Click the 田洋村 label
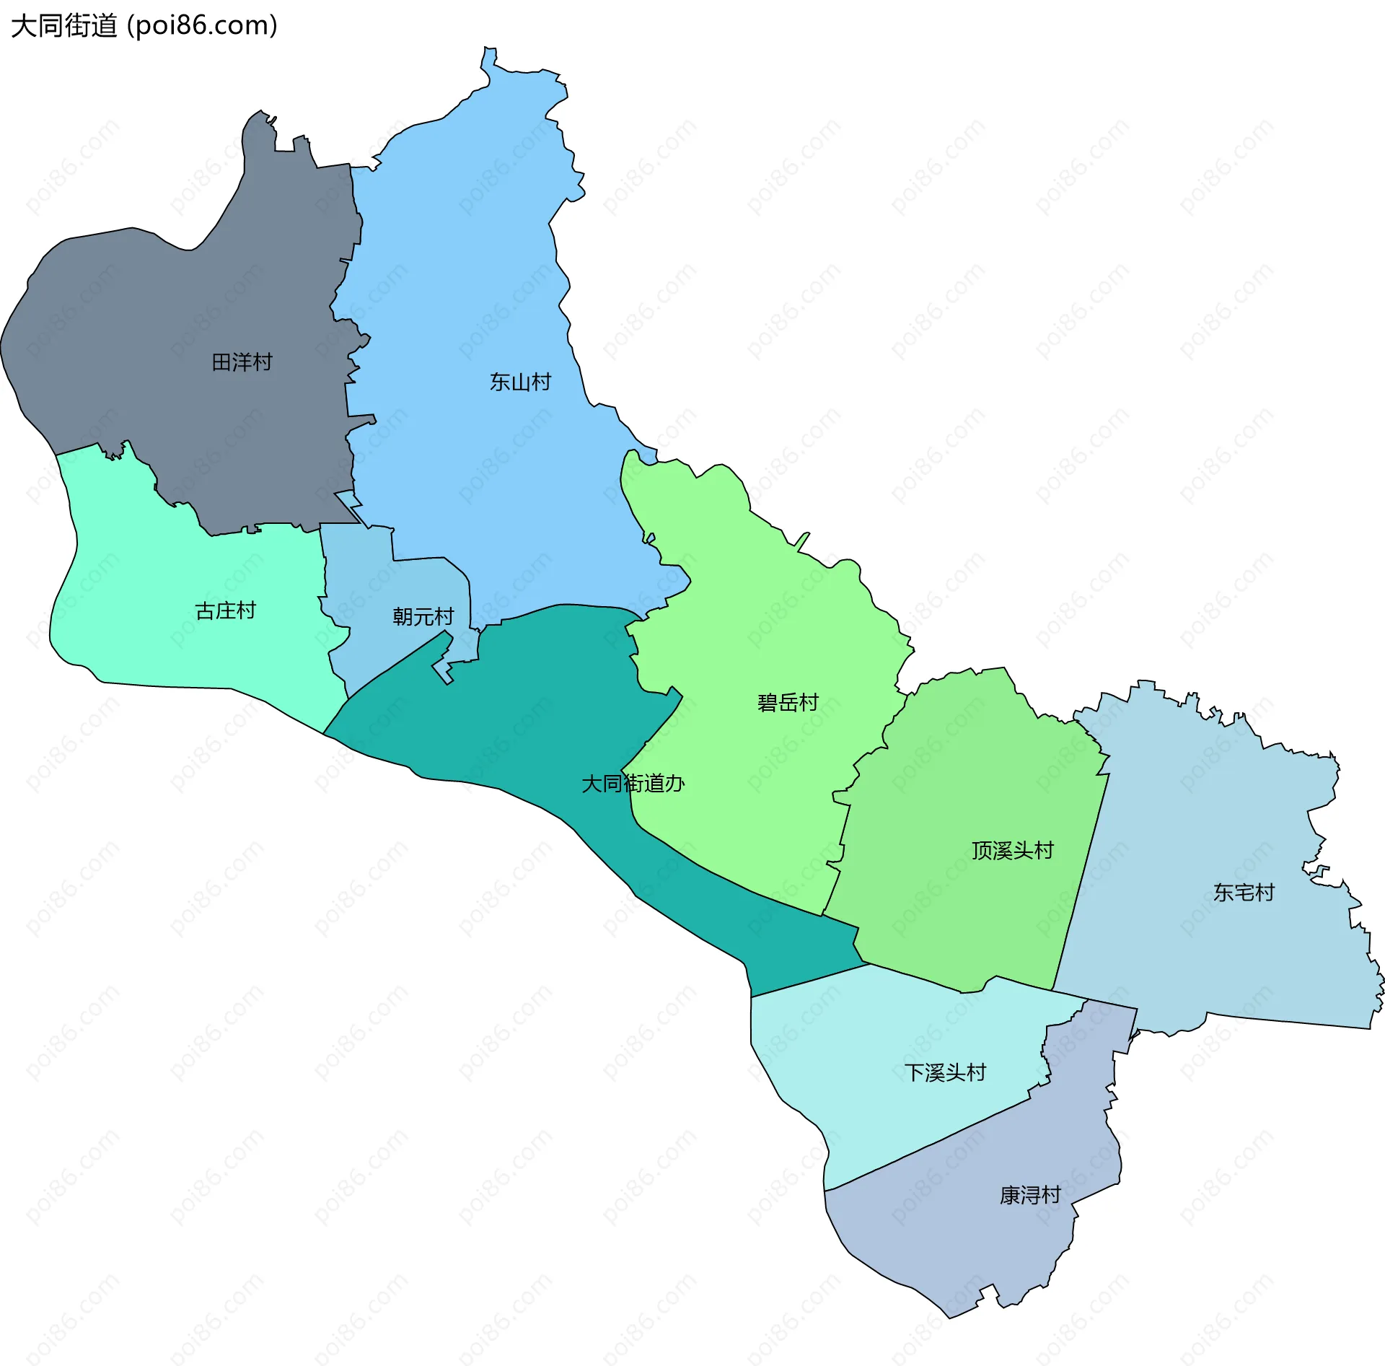pos(242,362)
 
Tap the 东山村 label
pos(520,382)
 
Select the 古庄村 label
pos(225,611)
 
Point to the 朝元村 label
pos(423,616)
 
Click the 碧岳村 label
pos(788,702)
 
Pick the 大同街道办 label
pos(633,784)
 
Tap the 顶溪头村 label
pos(1012,851)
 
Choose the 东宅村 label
pos(1244,893)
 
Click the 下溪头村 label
pos(945,1073)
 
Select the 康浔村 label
pos(1029,1196)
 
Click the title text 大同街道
pos(63,26)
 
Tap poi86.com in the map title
pos(202,26)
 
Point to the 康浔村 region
pos(974,1241)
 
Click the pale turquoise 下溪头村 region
pos(866,1082)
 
